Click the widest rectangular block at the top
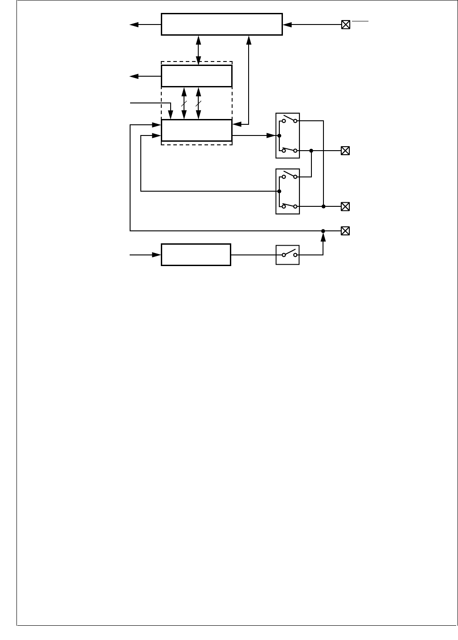pyautogui.click(x=221, y=24)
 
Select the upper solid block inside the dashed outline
pyautogui.click(x=196, y=76)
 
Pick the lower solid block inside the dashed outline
pyautogui.click(x=196, y=130)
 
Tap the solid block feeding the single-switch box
pyautogui.click(x=196, y=255)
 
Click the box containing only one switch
pyautogui.click(x=287, y=255)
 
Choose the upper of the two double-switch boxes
pyautogui.click(x=287, y=135)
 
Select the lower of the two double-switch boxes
pyautogui.click(x=287, y=191)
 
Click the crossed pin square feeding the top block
pyautogui.click(x=345, y=25)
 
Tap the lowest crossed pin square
pyautogui.click(x=345, y=231)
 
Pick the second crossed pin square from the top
pyautogui.click(x=345, y=151)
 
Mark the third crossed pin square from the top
pyautogui.click(x=345, y=206)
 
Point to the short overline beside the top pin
pyautogui.click(x=360, y=21)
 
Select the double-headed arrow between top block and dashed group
pyautogui.click(x=199, y=50)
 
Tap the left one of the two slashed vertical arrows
pyautogui.click(x=184, y=103)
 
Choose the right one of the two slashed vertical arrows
pyautogui.click(x=199, y=103)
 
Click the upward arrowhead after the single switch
pyautogui.click(x=323, y=238)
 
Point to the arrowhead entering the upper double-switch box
pyautogui.click(x=271, y=135)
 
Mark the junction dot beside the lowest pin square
pyautogui.click(x=323, y=231)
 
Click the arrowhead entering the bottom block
pyautogui.click(x=156, y=255)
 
